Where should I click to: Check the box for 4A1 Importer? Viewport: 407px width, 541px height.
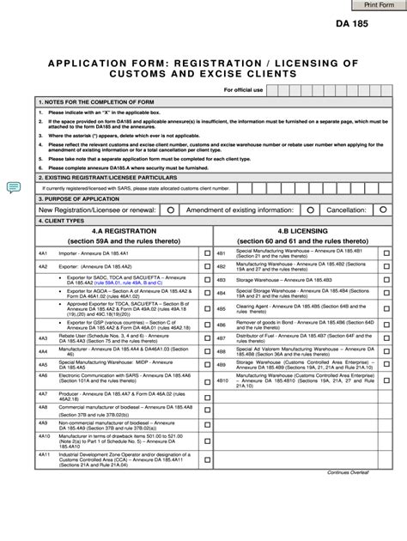(206, 255)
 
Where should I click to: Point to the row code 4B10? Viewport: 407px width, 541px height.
(222, 379)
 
